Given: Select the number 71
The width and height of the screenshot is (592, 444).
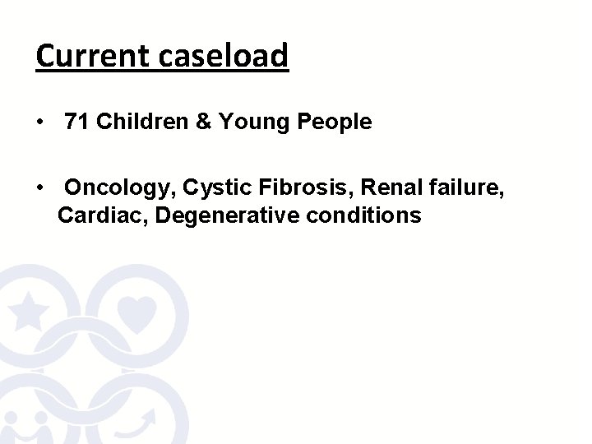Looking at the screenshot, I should (76, 123).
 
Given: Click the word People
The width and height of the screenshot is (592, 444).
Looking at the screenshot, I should (340, 123).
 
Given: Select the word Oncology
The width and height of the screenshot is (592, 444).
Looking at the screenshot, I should (119, 188).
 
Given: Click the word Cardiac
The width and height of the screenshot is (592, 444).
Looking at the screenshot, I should (103, 216).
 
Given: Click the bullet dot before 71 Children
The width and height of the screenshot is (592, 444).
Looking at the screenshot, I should (40, 123).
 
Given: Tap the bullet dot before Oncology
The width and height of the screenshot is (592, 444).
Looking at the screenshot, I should (40, 189).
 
